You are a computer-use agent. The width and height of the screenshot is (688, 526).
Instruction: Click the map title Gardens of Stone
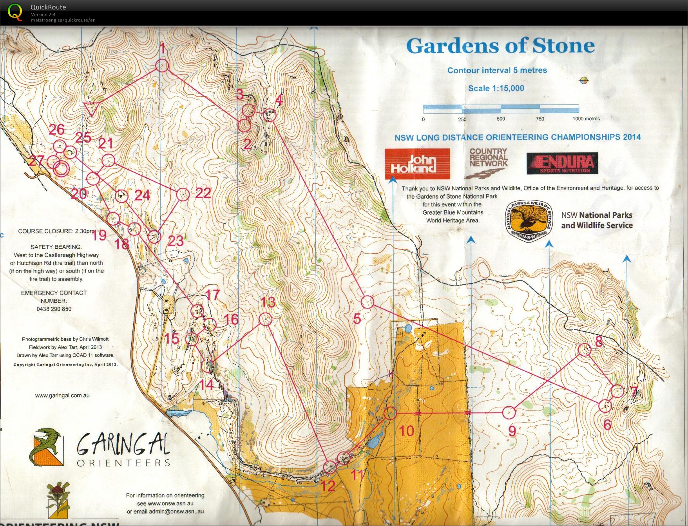coord(500,46)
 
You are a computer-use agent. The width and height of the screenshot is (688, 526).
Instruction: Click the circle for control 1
coord(162,65)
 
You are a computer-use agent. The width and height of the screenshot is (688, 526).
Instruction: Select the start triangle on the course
coord(91,108)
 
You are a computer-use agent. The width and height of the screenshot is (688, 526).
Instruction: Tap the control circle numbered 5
coord(367,302)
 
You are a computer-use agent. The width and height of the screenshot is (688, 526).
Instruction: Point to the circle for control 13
coord(265,319)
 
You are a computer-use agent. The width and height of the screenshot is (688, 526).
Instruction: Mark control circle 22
coord(183,194)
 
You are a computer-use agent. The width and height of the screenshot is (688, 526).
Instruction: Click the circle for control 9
coord(509,412)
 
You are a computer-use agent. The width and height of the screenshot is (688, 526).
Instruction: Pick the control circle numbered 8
coord(584,350)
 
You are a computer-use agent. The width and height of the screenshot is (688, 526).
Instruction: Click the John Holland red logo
coord(417,164)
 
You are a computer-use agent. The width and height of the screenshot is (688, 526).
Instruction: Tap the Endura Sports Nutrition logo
coord(562,163)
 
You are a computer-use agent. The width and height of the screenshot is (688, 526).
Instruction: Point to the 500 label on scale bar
coord(501,119)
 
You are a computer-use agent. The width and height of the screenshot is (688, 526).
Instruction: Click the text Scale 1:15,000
coord(496,88)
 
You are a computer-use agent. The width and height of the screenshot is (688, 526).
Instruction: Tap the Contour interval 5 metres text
coord(497,70)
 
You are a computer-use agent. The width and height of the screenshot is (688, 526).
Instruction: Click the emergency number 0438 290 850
coord(54,309)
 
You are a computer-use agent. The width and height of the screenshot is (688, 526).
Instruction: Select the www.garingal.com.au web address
coord(62,396)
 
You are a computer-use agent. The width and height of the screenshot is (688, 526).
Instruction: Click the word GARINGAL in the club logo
coord(123,445)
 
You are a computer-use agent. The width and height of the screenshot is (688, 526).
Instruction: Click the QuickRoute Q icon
coord(15,12)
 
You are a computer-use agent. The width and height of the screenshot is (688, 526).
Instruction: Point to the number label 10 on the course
coord(406,431)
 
